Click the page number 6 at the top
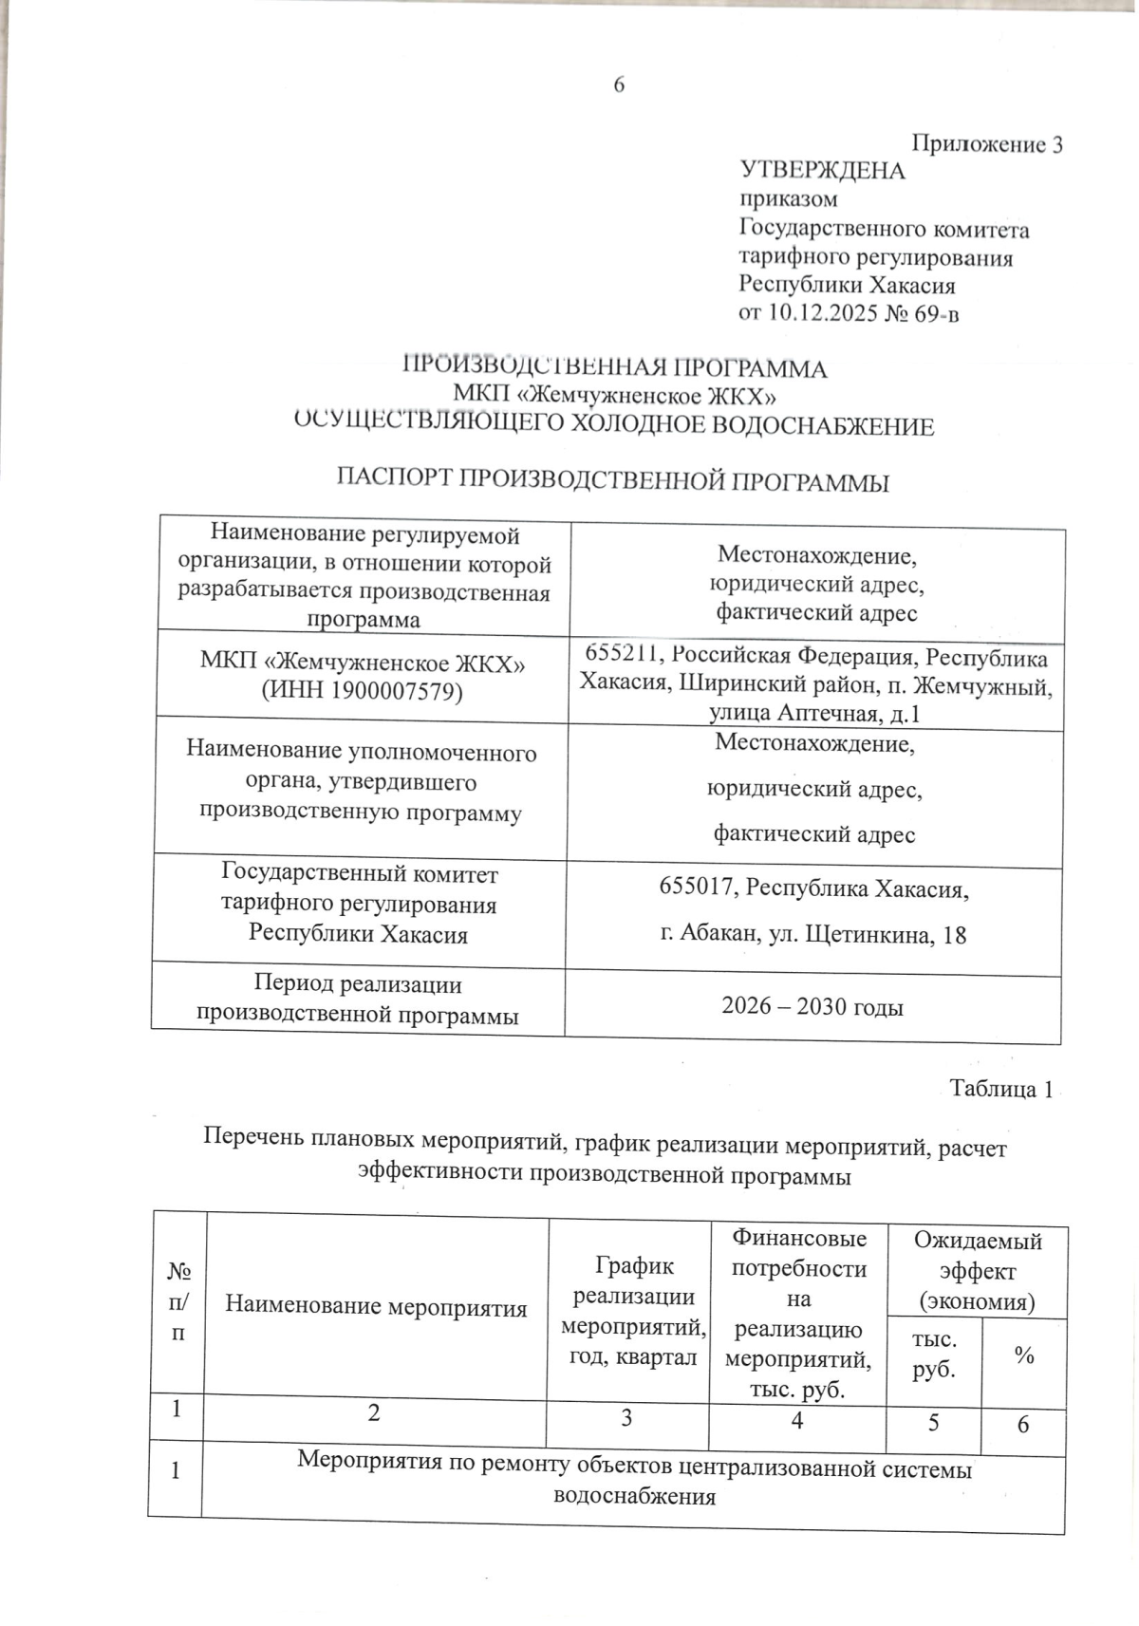pyautogui.click(x=618, y=85)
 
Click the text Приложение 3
pyautogui.click(x=987, y=145)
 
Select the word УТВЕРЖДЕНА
pyautogui.click(x=822, y=172)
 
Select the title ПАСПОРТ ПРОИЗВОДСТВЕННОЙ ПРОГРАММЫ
pyautogui.click(x=613, y=481)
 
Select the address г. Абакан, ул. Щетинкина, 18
pyautogui.click(x=812, y=935)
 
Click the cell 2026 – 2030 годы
pyautogui.click(x=812, y=1007)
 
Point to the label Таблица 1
pyautogui.click(x=1000, y=1090)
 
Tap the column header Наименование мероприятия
pyautogui.click(x=376, y=1307)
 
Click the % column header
pyautogui.click(x=1023, y=1357)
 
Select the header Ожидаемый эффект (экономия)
pyautogui.click(x=977, y=1271)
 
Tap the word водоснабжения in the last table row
pyautogui.click(x=633, y=1497)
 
